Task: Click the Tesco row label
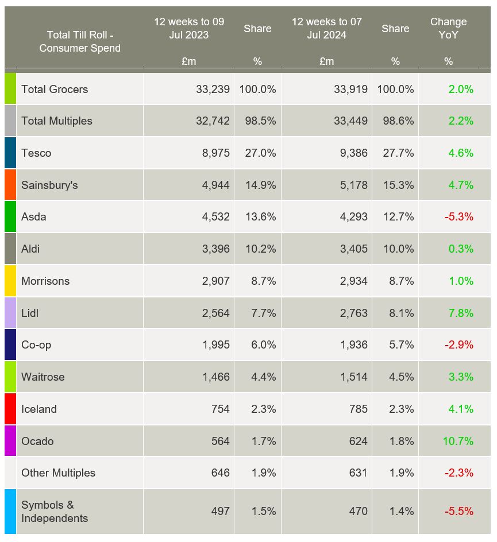(x=36, y=153)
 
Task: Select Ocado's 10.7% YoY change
(x=458, y=441)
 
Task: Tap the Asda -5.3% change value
(x=459, y=217)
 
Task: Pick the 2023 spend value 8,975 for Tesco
(x=215, y=153)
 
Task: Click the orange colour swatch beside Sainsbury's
(x=10, y=185)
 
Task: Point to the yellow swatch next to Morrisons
(x=10, y=281)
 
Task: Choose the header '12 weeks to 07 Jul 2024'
(x=326, y=28)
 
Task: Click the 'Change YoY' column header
(x=448, y=28)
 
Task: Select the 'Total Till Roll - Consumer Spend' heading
(x=80, y=41)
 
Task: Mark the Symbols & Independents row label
(x=55, y=512)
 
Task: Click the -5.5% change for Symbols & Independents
(x=459, y=512)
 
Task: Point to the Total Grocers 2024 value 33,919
(x=350, y=89)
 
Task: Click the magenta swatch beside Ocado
(x=10, y=441)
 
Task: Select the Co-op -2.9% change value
(x=459, y=345)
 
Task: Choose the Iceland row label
(x=39, y=409)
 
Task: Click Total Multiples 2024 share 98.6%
(x=395, y=121)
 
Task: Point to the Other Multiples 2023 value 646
(x=218, y=473)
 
